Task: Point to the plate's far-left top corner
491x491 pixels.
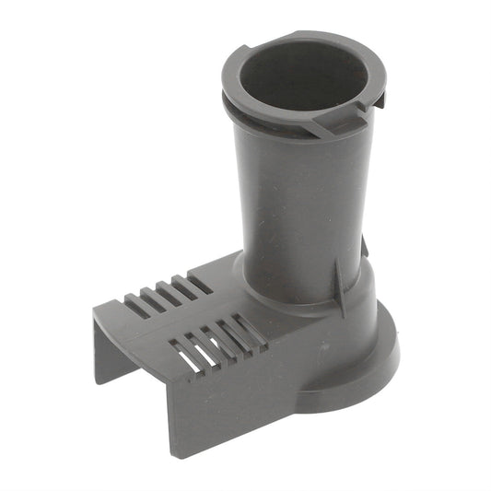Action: click(x=95, y=310)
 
